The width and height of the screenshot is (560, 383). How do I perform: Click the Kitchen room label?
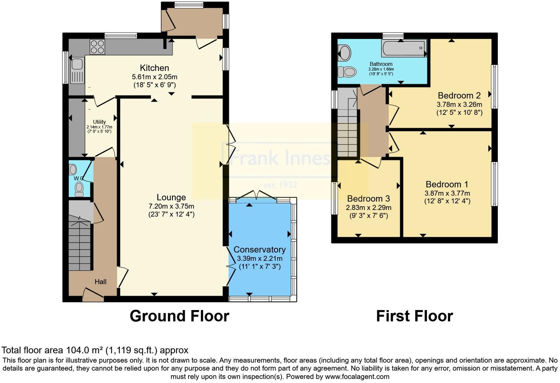[154, 68]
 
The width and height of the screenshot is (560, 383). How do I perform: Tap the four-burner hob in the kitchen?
[97, 47]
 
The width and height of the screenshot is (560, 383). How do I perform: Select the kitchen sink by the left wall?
[77, 65]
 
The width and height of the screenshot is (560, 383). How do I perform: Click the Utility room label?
[99, 122]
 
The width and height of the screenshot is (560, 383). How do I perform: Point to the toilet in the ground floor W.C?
[79, 189]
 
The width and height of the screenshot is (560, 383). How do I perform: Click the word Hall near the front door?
[100, 282]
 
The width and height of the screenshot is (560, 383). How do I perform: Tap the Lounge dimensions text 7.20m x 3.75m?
[171, 206]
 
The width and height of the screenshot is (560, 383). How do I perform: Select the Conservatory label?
[259, 250]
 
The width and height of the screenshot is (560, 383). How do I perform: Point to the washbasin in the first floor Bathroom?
[344, 53]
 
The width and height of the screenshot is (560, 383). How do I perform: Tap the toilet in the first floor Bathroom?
[347, 71]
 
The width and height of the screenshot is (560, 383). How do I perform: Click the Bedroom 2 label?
[459, 96]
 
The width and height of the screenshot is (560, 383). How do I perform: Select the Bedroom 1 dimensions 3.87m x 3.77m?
[447, 193]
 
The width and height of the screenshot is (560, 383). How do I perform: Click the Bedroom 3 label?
[368, 199]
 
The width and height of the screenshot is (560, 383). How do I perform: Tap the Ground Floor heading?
[179, 316]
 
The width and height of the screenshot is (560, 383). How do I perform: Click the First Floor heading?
[414, 316]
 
